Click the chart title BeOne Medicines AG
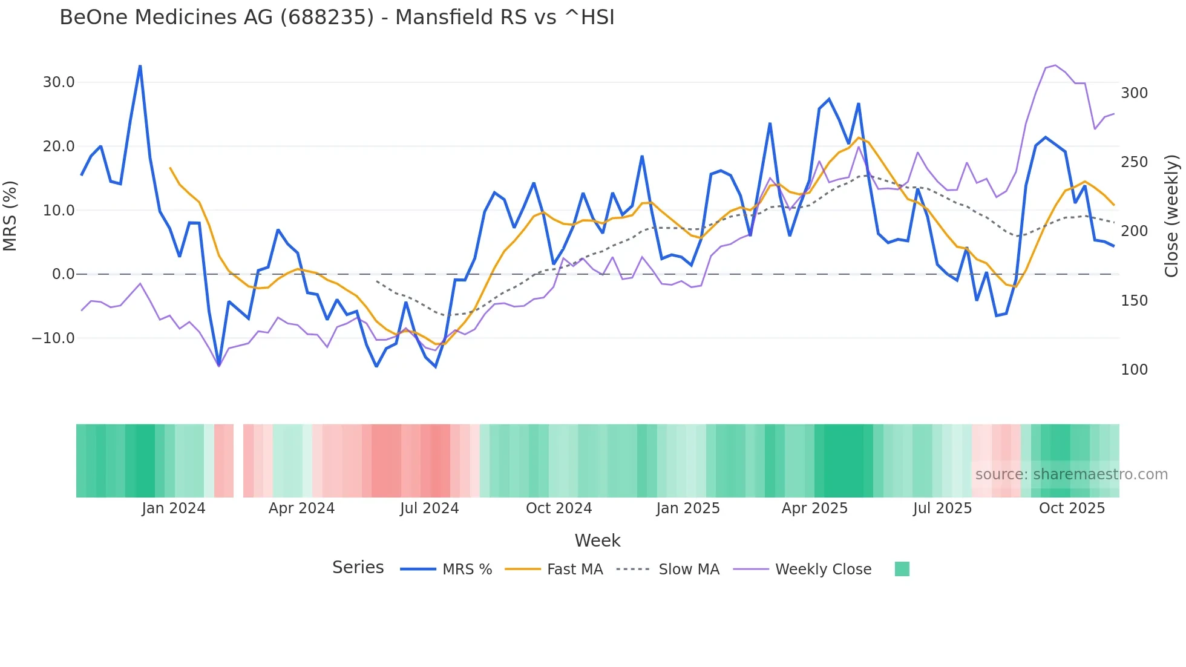coord(336,18)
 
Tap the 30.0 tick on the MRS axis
coord(59,82)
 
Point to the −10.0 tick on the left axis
coord(53,338)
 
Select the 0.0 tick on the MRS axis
coord(63,274)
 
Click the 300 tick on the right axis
coord(1134,93)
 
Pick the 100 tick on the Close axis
coord(1134,370)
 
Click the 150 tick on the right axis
coord(1134,301)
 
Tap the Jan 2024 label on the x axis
coord(174,508)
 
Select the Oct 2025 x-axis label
coord(1072,508)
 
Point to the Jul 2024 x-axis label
coord(429,508)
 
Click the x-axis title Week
coord(597,540)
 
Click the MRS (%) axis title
coord(10,215)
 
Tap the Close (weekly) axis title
coord(1171,216)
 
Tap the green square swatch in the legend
coord(902,569)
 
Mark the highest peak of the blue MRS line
coord(140,66)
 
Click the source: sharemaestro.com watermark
coord(1071,475)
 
